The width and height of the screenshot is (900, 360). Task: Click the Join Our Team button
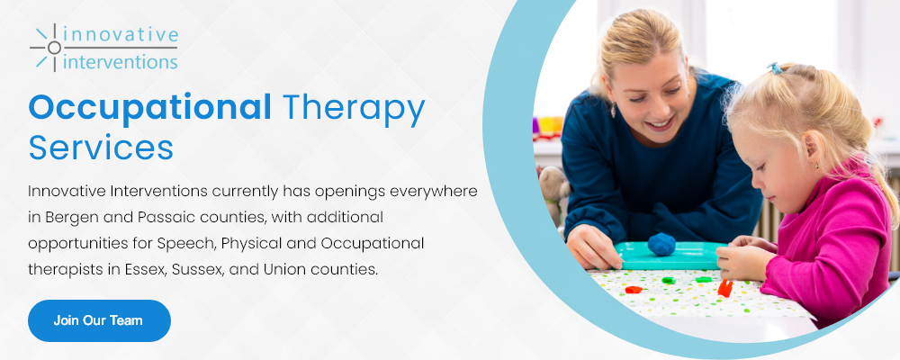(99, 320)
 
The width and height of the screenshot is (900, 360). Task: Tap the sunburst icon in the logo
(53, 48)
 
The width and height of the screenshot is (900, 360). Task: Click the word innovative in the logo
(121, 34)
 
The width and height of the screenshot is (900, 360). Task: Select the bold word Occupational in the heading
(149, 107)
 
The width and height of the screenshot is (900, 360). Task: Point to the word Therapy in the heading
(354, 109)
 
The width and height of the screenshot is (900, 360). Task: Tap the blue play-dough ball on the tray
(661, 244)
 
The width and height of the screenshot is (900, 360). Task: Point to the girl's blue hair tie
(776, 68)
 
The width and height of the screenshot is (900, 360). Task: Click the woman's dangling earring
(613, 109)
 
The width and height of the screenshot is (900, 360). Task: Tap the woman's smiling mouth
(660, 123)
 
